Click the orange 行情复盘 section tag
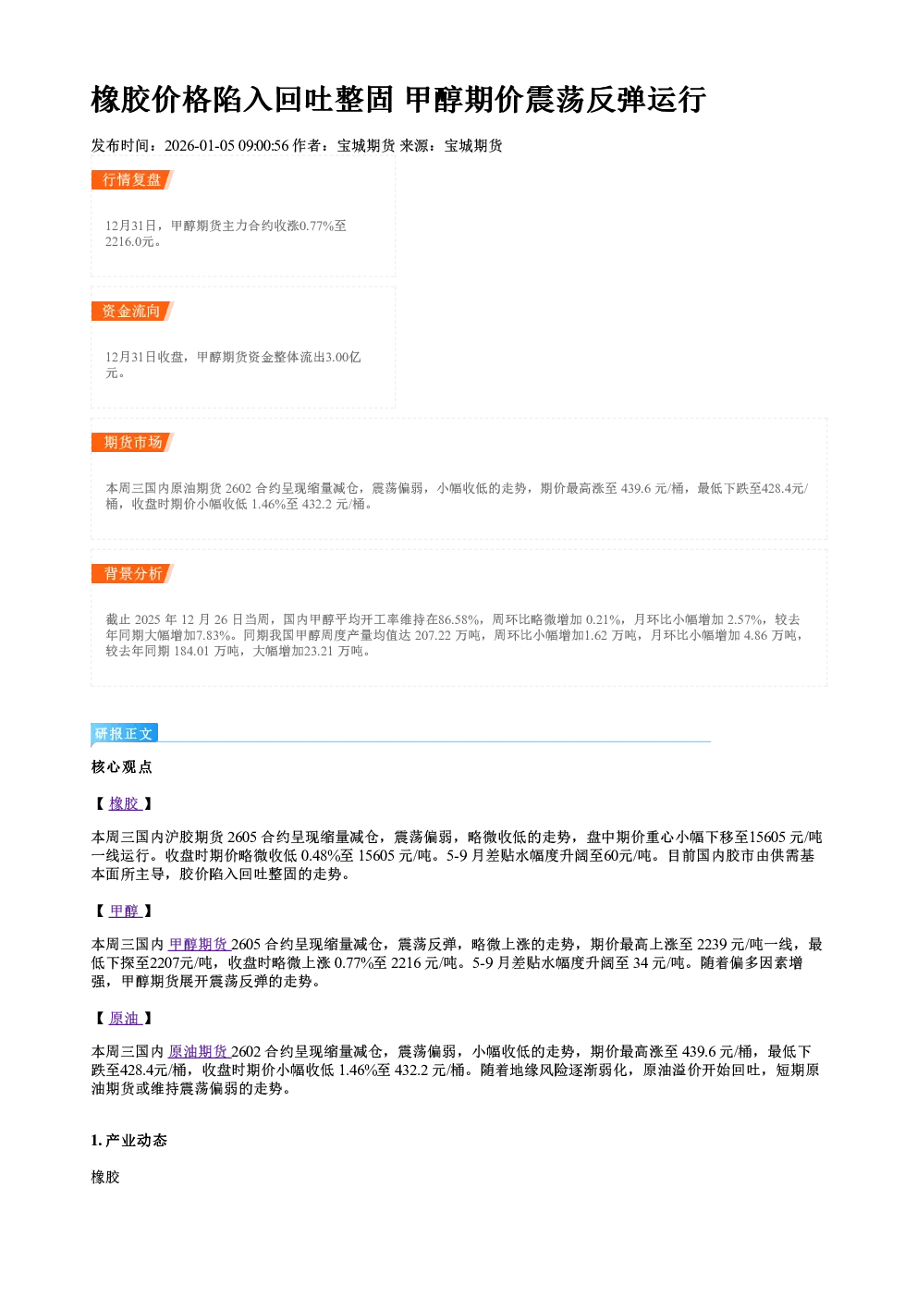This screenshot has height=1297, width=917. click(x=132, y=179)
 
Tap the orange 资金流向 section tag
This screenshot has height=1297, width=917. click(x=132, y=311)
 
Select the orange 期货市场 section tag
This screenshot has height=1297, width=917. click(x=132, y=443)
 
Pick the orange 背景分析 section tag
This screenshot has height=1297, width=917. click(x=132, y=574)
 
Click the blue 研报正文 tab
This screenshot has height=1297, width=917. click(x=124, y=734)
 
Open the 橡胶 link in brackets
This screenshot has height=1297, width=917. click(x=125, y=803)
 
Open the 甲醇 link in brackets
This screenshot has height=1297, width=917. click(x=125, y=911)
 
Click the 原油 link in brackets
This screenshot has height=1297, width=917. click(x=125, y=1018)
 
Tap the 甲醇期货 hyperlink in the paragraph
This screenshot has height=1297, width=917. click(x=199, y=945)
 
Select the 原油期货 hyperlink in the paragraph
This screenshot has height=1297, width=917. click(x=199, y=1051)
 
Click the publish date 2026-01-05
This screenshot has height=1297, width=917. click(x=199, y=145)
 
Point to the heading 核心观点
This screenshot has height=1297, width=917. click(x=122, y=767)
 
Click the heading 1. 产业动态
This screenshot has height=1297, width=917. click(x=129, y=1141)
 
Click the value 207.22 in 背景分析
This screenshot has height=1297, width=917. click(x=433, y=635)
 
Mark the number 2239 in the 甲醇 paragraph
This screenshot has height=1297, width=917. click(x=712, y=945)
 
